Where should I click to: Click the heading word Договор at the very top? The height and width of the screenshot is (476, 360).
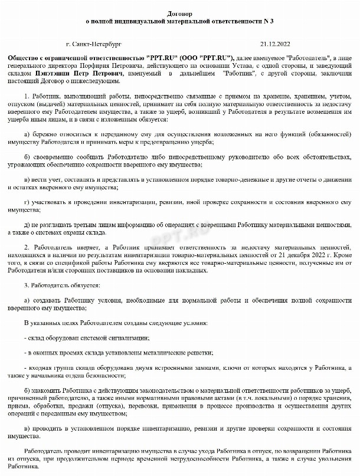[179, 12]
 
